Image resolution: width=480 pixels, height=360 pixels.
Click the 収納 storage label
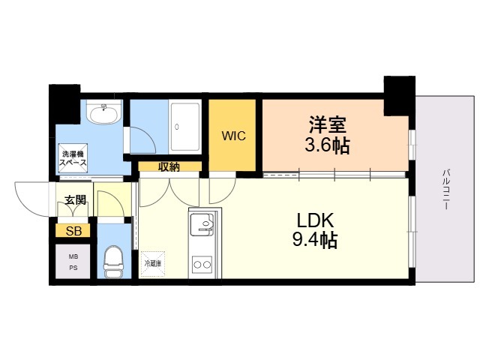169,166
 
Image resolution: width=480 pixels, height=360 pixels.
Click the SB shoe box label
73,231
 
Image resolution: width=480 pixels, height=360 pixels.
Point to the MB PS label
73,261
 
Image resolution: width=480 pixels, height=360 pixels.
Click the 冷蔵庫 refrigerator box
153,264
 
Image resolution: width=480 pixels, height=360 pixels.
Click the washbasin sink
103,115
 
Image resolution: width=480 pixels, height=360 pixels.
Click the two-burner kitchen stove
202,264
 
